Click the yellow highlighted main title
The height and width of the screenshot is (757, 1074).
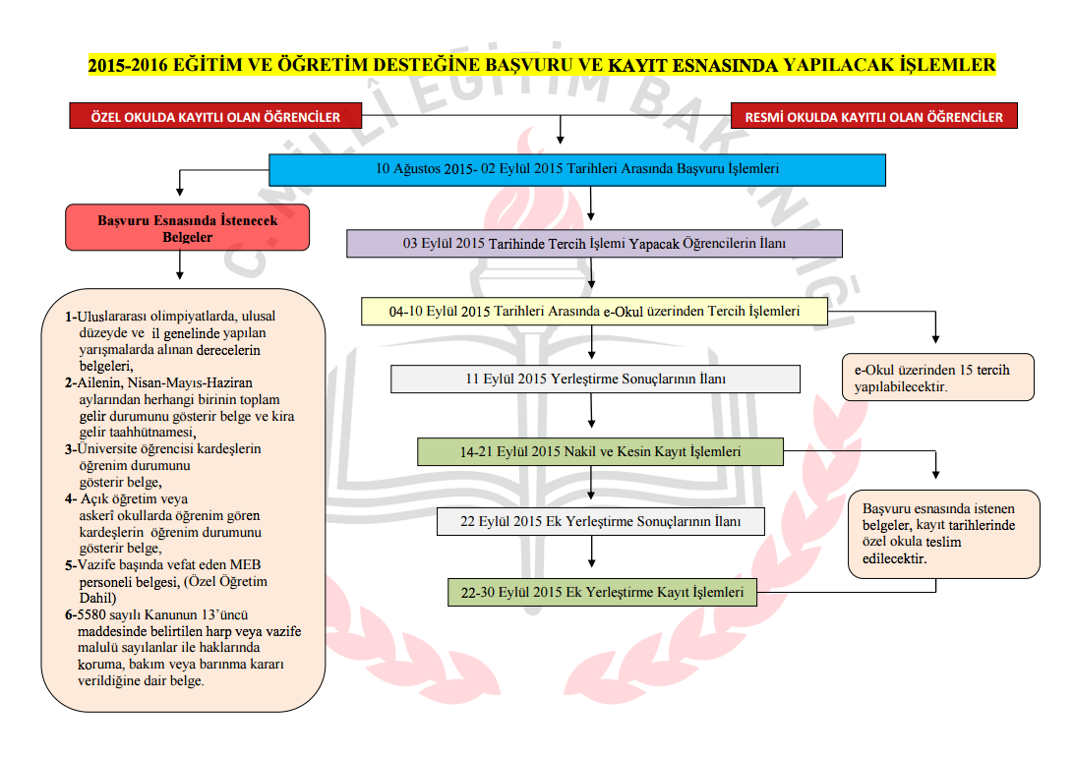click(542, 66)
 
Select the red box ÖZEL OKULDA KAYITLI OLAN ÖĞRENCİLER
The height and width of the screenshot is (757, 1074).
click(215, 117)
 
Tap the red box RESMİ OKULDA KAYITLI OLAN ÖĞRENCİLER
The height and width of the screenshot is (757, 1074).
click(873, 117)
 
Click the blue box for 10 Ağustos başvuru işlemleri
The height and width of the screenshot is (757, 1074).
click(577, 169)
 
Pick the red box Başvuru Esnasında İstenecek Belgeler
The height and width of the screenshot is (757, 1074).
click(187, 228)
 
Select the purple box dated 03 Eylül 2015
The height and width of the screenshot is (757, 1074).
click(594, 243)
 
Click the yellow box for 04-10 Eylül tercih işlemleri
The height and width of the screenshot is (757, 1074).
click(594, 311)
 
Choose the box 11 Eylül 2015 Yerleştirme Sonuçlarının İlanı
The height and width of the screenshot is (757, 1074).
click(595, 378)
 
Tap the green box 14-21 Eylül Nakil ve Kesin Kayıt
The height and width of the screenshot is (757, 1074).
click(600, 452)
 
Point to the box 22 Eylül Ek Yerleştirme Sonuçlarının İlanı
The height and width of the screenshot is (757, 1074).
click(600, 521)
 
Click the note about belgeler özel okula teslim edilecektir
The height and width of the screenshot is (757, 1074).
click(943, 533)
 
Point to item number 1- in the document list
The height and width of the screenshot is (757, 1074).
click(71, 317)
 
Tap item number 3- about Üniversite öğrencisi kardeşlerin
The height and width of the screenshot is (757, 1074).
click(71, 449)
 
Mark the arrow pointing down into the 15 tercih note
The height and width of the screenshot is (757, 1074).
click(934, 328)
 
